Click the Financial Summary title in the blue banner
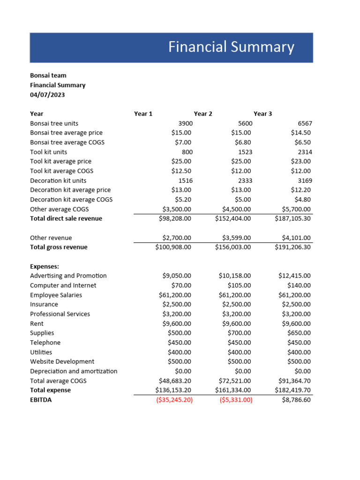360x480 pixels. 231,47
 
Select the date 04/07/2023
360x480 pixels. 47,95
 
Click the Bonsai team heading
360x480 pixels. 48,75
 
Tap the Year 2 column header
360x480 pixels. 203,114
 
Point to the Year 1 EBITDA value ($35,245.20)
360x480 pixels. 174,400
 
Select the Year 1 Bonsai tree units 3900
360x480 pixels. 185,123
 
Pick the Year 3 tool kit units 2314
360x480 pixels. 305,152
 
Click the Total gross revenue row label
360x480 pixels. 59,247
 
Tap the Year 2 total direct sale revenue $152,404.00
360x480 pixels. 233,218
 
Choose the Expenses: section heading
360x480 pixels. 45,266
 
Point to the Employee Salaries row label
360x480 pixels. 56,295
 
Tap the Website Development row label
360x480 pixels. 62,361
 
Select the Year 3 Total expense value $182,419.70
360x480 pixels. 293,390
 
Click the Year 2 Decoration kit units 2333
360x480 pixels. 245,180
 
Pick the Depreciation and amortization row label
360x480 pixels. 74,371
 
